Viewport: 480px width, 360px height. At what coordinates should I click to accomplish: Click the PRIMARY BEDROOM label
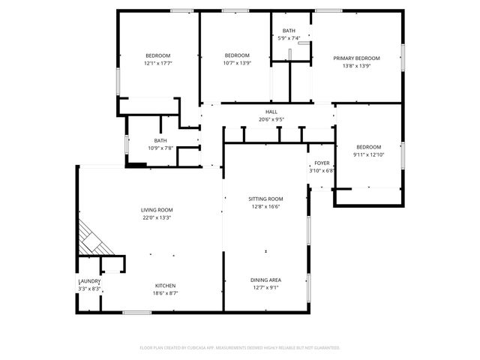tap(356, 58)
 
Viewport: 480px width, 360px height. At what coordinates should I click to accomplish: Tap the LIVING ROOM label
tap(157, 210)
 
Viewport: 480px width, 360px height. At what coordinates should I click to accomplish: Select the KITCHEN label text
tap(165, 286)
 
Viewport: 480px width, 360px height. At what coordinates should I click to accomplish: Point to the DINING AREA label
tap(265, 280)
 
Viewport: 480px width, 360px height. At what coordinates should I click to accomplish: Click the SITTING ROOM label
tap(265, 199)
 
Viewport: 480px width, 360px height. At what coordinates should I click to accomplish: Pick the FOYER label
tap(322, 163)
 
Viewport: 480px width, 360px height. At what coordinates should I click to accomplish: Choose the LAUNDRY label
tap(89, 281)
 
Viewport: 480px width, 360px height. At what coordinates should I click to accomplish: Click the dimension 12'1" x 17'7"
tap(158, 63)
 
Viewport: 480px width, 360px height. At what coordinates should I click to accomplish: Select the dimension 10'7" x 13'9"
tap(237, 63)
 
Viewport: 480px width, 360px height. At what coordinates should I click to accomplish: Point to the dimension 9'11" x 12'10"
tap(368, 154)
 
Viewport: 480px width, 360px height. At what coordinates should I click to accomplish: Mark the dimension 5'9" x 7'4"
tap(289, 38)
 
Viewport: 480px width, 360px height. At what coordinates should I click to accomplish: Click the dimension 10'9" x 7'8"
tap(160, 148)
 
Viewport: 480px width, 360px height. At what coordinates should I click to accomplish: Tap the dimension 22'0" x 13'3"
tap(157, 218)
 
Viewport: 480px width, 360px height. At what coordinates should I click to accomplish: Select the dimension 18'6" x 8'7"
tap(165, 294)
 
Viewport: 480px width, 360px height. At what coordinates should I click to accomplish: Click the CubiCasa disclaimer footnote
tap(240, 348)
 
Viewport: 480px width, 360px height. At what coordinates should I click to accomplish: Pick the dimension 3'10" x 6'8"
tap(322, 170)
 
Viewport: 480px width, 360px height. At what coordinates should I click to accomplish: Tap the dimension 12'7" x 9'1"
tap(265, 288)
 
